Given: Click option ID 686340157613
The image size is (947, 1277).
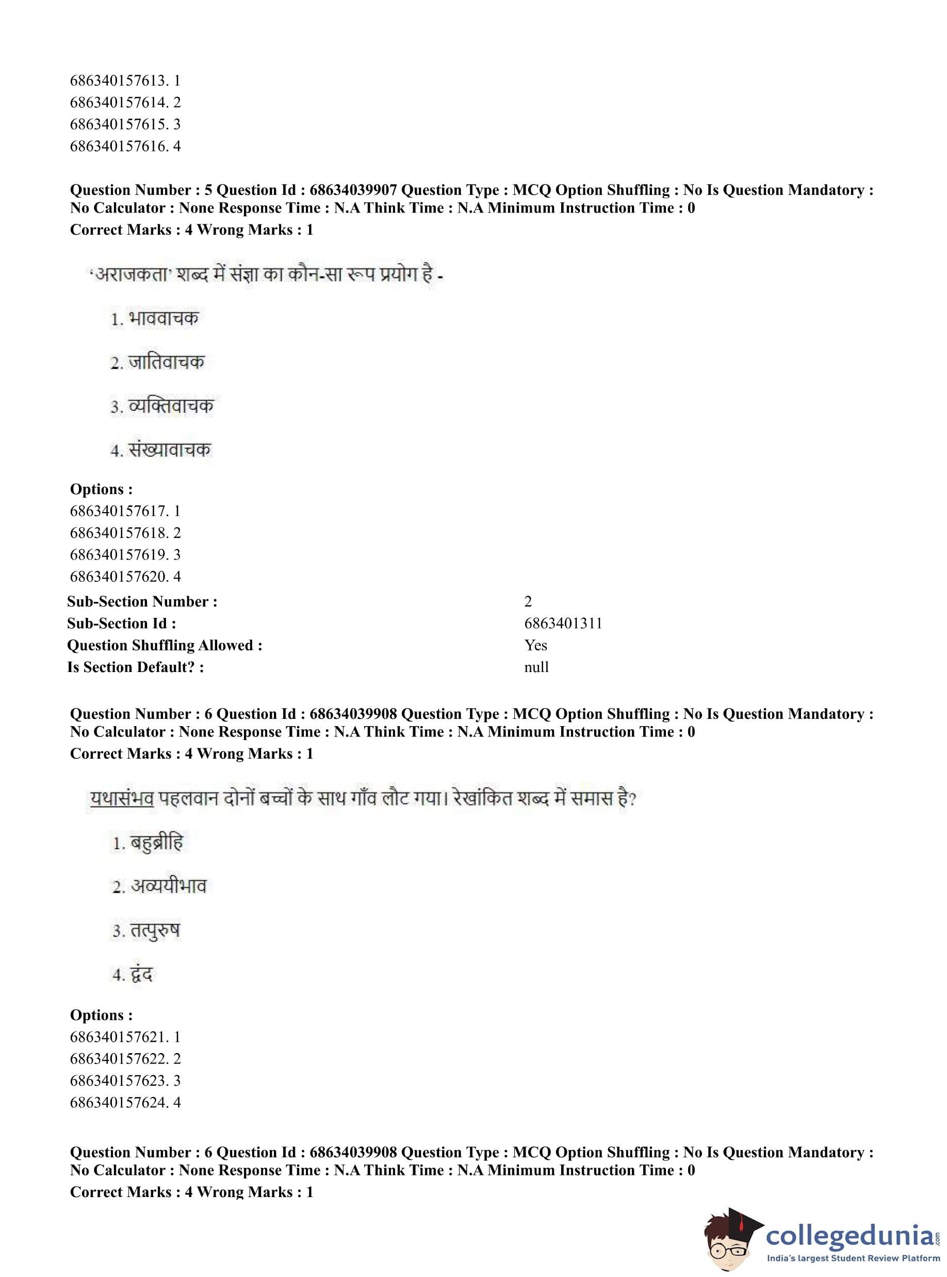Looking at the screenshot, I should pyautogui.click(x=125, y=81).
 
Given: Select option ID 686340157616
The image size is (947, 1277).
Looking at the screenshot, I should pyautogui.click(x=125, y=146).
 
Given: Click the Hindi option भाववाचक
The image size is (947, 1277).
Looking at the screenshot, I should pyautogui.click(x=164, y=318).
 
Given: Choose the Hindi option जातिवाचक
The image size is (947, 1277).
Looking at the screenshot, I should pyautogui.click(x=166, y=362).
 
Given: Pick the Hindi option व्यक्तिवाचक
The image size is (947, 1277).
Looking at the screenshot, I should pyautogui.click(x=170, y=406).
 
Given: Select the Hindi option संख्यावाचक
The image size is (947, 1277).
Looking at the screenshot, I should pyautogui.click(x=169, y=450).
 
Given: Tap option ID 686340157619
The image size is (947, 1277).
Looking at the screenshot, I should pyautogui.click(x=125, y=555).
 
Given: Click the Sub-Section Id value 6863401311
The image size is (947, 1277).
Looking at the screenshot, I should pyautogui.click(x=563, y=624).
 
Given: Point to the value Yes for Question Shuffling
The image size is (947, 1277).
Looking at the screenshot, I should pyautogui.click(x=535, y=645).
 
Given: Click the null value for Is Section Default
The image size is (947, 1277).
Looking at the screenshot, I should pyautogui.click(x=536, y=667).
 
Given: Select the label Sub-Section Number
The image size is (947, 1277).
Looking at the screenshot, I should pyautogui.click(x=142, y=602).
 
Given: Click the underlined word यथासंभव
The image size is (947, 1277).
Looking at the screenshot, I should pyautogui.click(x=122, y=798).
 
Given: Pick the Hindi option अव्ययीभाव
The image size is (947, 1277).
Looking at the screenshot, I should pyautogui.click(x=168, y=886).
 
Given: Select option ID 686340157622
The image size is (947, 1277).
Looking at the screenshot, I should pyautogui.click(x=125, y=1059).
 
